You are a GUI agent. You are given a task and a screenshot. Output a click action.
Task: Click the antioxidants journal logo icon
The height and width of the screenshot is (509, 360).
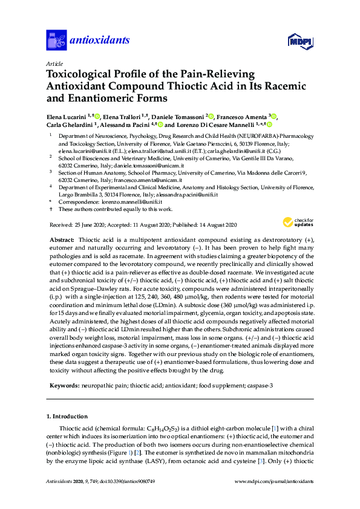pos(56,40)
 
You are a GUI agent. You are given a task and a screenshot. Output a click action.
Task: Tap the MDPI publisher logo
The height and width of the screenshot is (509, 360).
pos(300,41)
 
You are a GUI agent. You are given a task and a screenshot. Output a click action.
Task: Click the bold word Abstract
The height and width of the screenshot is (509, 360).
pos(61,239)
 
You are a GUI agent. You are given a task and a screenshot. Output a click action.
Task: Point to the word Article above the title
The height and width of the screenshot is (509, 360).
pos(54,63)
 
